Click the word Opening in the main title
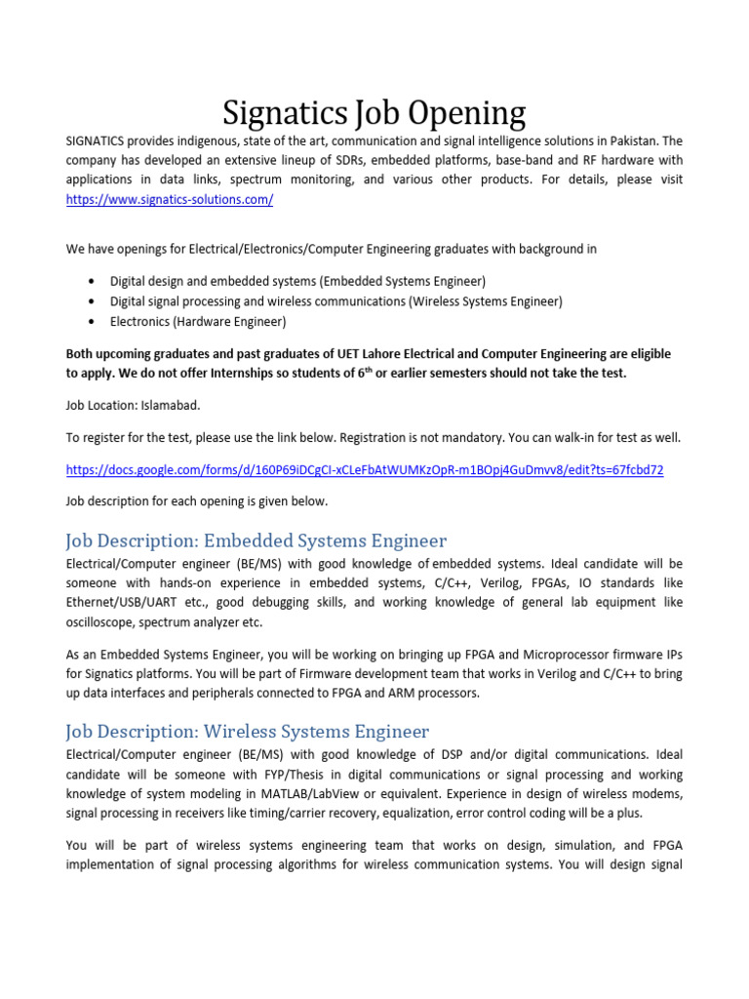455,114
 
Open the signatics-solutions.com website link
170,199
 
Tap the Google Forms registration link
365,469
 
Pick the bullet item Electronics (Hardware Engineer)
198,321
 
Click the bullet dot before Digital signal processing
91,301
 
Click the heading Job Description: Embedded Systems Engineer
256,540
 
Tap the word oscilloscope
99,622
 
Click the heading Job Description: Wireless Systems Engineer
247,732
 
